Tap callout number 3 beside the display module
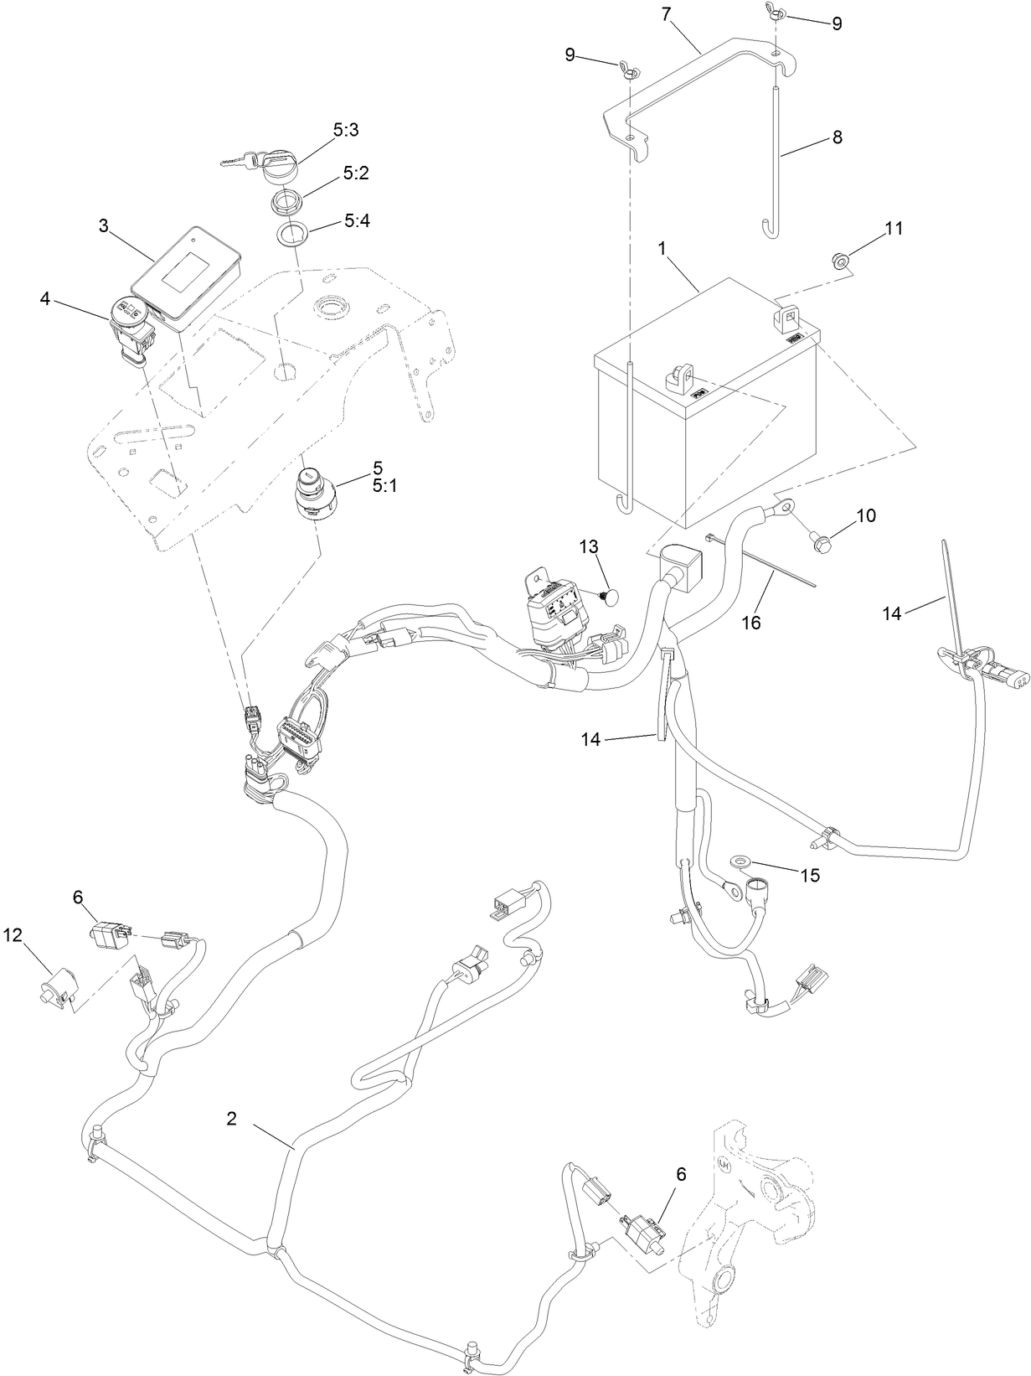[103, 226]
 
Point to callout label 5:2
[356, 173]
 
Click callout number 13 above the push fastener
[590, 547]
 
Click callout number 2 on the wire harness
[232, 1118]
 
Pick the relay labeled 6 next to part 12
[110, 934]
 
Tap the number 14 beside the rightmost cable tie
[892, 613]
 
